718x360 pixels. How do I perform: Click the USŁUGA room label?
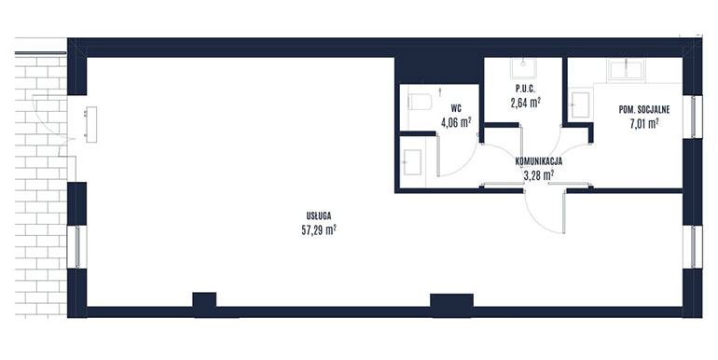pyautogui.click(x=319, y=215)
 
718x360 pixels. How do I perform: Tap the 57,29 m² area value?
pyautogui.click(x=319, y=230)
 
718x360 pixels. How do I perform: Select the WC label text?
pyautogui.click(x=456, y=108)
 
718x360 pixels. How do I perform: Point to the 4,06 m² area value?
pyautogui.click(x=456, y=122)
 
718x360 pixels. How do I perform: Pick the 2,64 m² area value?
pyautogui.click(x=524, y=103)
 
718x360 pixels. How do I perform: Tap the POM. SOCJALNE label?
pyautogui.click(x=644, y=110)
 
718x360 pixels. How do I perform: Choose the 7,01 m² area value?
pyautogui.click(x=644, y=123)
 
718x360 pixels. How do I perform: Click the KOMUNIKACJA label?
pyautogui.click(x=539, y=161)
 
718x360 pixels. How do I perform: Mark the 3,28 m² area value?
pyautogui.click(x=539, y=174)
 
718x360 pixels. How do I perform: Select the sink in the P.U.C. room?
pyautogui.click(x=524, y=69)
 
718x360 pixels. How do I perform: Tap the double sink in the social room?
pyautogui.click(x=626, y=70)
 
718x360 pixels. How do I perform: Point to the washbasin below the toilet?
pyautogui.click(x=412, y=162)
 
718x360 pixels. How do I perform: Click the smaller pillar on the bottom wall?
pyautogui.click(x=204, y=305)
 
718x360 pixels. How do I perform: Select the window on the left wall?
pyautogui.click(x=76, y=247)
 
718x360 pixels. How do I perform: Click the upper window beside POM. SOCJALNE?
pyautogui.click(x=692, y=117)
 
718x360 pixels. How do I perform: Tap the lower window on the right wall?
pyautogui.click(x=692, y=247)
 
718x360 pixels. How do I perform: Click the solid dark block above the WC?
pyautogui.click(x=439, y=70)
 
